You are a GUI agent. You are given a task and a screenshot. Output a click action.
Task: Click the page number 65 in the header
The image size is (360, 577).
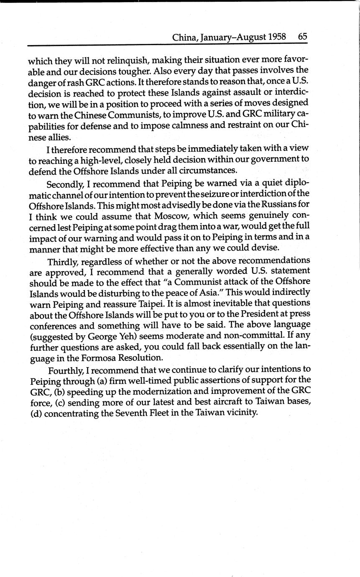[x=303, y=36]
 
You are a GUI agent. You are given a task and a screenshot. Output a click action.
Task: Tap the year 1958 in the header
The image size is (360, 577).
[x=277, y=37]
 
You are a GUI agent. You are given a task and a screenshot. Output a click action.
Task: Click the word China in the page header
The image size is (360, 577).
[x=185, y=37]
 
